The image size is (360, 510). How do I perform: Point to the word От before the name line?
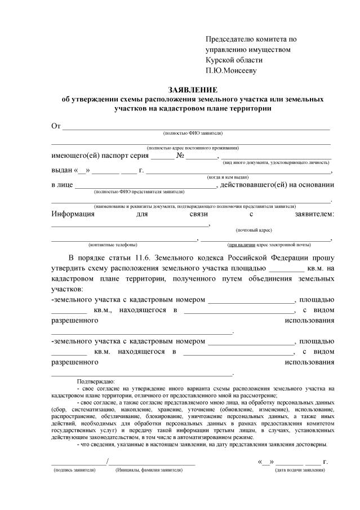[x=55, y=126]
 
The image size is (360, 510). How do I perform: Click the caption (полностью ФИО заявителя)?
[x=193, y=133]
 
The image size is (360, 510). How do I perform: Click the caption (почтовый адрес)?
[x=254, y=230]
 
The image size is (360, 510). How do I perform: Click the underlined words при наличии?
[x=242, y=245]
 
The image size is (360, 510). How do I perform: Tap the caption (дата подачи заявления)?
[x=300, y=469]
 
